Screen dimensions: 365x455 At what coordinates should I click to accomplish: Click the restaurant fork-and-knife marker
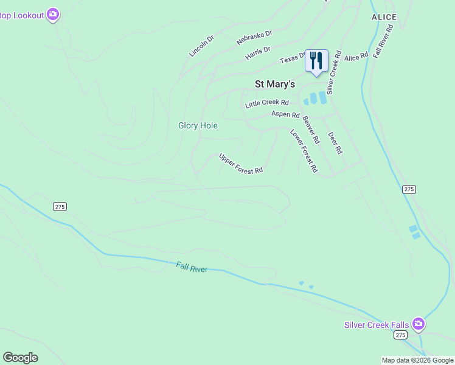tap(316, 61)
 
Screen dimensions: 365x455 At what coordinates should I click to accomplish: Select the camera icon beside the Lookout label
tap(53, 14)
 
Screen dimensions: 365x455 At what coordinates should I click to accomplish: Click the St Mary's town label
tap(274, 84)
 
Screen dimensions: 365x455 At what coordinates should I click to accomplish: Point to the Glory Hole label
tap(198, 125)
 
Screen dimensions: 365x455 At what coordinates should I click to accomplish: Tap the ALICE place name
tap(384, 17)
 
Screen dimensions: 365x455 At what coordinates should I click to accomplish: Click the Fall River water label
tap(192, 267)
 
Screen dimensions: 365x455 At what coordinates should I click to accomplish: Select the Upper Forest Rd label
tap(241, 163)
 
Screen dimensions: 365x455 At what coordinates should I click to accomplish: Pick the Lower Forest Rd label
tap(304, 151)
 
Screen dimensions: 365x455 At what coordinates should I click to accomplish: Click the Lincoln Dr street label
tap(201, 46)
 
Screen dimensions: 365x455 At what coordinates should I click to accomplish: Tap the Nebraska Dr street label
tap(254, 38)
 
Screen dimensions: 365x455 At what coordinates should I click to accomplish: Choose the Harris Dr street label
tap(257, 54)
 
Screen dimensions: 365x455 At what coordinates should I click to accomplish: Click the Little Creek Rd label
tap(266, 104)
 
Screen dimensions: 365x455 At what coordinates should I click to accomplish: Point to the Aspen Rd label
tap(285, 114)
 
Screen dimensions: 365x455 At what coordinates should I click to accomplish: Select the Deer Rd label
tap(335, 142)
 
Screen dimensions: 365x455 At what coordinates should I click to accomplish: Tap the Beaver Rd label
tap(310, 130)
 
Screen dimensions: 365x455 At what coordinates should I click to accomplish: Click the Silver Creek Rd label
tap(334, 72)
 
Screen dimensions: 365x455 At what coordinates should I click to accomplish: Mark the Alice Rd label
tap(356, 57)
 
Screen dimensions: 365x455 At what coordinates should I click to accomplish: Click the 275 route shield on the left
tap(60, 207)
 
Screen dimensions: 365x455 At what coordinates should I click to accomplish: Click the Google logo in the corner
tap(20, 358)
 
